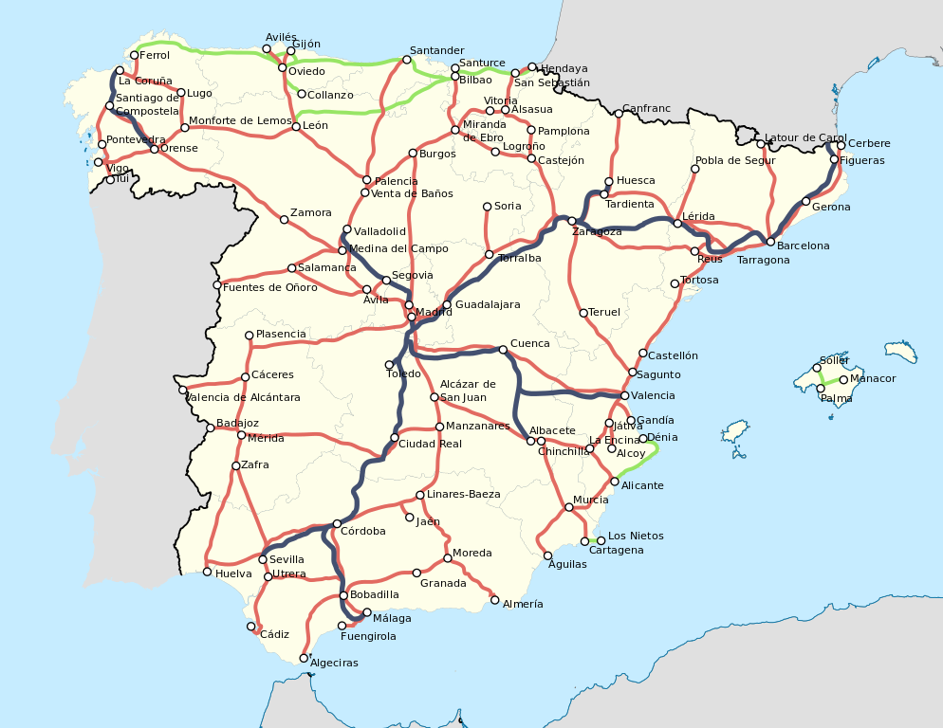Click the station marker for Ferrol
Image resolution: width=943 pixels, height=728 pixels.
(x=134, y=55)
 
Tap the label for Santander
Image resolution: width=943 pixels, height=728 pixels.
(x=436, y=50)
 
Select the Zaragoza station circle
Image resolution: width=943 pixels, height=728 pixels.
(x=572, y=221)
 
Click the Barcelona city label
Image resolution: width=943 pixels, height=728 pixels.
(x=803, y=246)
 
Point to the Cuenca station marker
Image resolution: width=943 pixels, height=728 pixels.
(x=503, y=350)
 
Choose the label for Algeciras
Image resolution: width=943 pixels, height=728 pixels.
(x=334, y=663)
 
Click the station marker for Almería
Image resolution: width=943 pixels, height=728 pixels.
(x=494, y=599)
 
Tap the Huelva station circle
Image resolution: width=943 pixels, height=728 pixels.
(x=207, y=572)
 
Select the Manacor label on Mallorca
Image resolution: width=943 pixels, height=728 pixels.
(x=873, y=379)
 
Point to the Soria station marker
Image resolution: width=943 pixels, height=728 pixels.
(x=487, y=206)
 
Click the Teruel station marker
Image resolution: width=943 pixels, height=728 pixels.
(x=582, y=313)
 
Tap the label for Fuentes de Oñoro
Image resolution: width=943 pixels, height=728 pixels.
(x=269, y=287)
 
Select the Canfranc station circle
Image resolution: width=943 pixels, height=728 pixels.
(x=618, y=114)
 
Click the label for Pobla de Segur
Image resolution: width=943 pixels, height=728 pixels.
(x=735, y=160)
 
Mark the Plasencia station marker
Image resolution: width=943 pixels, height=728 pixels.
(x=249, y=335)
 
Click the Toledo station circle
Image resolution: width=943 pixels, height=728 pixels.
(x=389, y=364)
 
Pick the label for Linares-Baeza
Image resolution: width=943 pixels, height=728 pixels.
(x=463, y=494)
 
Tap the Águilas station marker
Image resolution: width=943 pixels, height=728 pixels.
(x=547, y=555)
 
